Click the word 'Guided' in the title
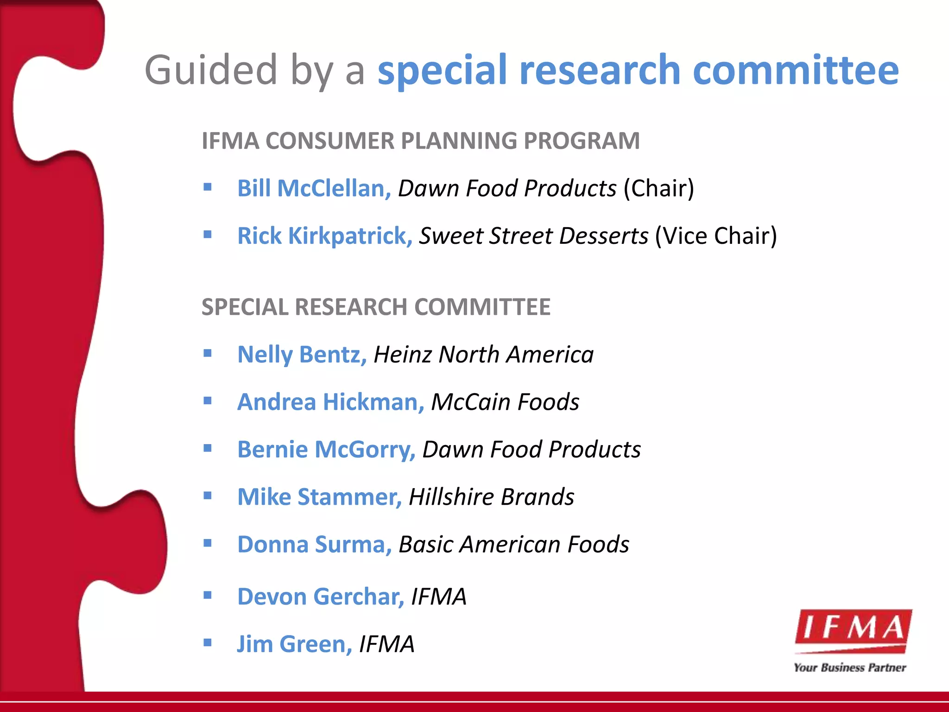coord(211,71)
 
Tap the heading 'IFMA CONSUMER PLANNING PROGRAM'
coord(420,141)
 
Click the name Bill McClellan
coord(314,189)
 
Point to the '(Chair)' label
coord(658,189)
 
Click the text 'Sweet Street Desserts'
coord(533,236)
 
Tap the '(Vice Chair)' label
coord(715,236)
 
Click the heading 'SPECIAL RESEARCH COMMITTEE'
coord(376,307)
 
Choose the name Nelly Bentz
coord(302,355)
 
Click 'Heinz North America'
coord(483,355)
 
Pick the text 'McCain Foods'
coord(505,402)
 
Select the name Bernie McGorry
coord(326,450)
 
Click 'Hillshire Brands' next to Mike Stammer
coord(491,497)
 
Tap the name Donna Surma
coord(314,545)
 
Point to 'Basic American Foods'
coord(514,545)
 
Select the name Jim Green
coord(294,644)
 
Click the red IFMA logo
coord(853,630)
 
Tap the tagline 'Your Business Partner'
coord(849,668)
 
